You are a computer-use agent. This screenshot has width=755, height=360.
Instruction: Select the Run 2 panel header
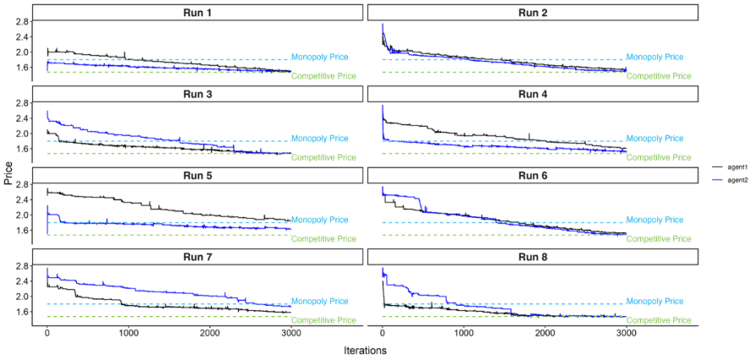[532, 13]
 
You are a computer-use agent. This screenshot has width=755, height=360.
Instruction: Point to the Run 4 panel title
[532, 94]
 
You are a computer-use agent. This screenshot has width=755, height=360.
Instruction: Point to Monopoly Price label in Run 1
[319, 57]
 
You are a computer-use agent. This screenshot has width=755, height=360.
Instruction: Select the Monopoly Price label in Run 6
[655, 219]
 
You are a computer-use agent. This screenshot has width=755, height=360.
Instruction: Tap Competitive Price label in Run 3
[323, 157]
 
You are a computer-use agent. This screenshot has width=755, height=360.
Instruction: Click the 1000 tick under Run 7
[128, 333]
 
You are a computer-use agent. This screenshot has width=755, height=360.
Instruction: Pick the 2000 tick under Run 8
[545, 333]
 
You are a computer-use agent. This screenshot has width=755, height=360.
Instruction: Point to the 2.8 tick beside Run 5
[23, 184]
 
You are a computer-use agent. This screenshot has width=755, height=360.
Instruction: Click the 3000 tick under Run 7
[291, 333]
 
